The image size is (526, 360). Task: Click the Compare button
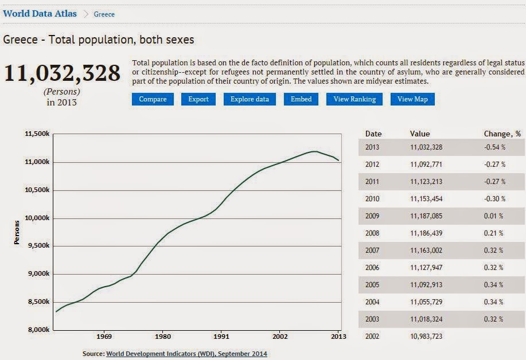pos(153,99)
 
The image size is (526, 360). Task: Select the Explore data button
pos(250,99)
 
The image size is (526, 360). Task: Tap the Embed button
pos(301,99)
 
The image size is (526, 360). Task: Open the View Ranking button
pos(354,99)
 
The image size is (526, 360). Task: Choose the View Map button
pos(412,99)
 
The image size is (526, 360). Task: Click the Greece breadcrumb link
pos(104,14)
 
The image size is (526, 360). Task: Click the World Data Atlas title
pos(40,14)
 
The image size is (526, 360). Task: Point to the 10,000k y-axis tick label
pos(38,218)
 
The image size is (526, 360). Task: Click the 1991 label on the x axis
pos(221,337)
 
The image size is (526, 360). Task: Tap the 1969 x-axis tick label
pos(104,337)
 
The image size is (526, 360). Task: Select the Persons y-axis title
pos(17,232)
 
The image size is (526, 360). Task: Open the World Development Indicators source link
pos(186,354)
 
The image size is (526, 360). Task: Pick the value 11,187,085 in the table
pos(426,216)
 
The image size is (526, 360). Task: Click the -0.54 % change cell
pos(494,147)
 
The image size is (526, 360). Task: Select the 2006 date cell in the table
pos(372,268)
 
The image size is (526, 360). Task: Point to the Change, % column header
pos(502,134)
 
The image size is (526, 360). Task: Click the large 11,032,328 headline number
pos(63,73)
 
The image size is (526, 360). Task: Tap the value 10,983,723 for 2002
pos(426,336)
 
